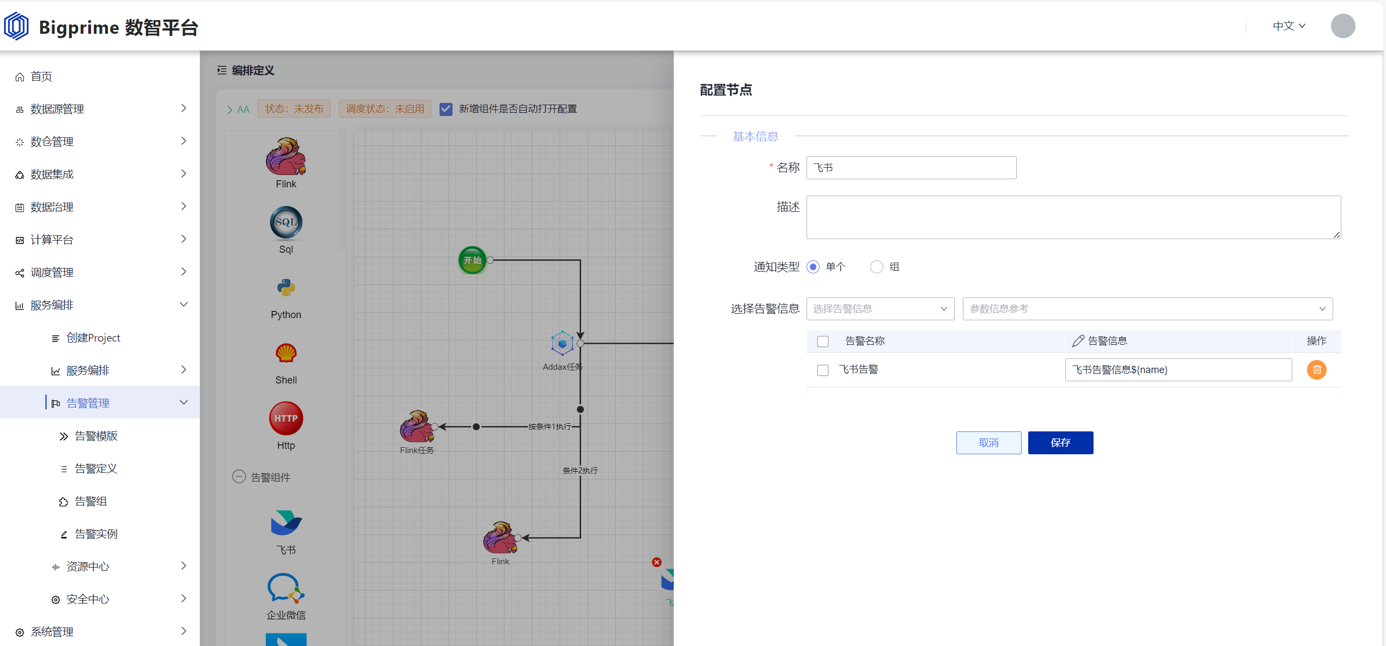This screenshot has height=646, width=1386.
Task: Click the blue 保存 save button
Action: coord(1060,443)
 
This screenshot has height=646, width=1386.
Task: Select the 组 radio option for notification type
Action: coord(876,267)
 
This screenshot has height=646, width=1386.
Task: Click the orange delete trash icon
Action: coord(1316,370)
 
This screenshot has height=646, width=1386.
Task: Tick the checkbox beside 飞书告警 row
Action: coord(823,370)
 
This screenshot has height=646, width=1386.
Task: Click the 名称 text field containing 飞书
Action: coord(911,168)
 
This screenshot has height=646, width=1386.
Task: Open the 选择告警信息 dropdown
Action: coord(880,309)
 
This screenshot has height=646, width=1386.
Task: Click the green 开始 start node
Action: coord(472,260)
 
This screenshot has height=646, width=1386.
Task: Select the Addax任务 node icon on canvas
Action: coord(562,344)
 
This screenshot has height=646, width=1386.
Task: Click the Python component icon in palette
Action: coord(286,288)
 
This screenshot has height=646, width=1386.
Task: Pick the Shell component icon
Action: coord(286,354)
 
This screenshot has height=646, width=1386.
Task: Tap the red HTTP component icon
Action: coord(286,418)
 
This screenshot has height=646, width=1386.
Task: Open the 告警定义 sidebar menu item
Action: coord(96,468)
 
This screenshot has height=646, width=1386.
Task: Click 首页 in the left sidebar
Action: coord(41,76)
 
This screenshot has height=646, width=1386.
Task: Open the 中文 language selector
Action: coord(1289,26)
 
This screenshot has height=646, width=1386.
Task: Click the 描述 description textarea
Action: coord(1073,217)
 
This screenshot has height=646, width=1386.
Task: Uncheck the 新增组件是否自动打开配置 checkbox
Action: coord(446,109)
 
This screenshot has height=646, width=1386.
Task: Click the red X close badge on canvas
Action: coord(657,562)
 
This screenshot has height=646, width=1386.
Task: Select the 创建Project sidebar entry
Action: coord(93,338)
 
